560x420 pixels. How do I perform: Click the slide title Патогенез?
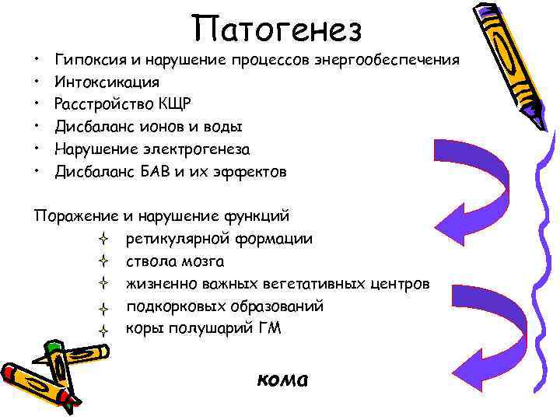click(278, 29)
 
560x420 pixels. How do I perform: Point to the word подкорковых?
click(171, 306)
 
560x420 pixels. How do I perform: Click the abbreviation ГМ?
click(266, 327)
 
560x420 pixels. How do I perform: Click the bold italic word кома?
click(282, 380)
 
